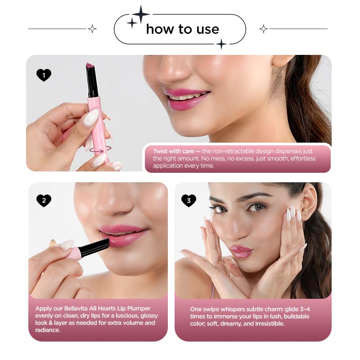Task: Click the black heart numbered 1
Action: (x=44, y=75)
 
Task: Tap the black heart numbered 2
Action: (x=44, y=200)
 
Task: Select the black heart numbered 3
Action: (x=189, y=200)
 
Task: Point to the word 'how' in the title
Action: (x=160, y=29)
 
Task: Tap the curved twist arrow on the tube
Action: (x=100, y=150)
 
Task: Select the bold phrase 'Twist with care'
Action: (x=173, y=151)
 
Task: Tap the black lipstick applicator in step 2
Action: (x=94, y=247)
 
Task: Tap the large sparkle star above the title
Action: (x=141, y=14)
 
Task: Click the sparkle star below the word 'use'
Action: (x=221, y=44)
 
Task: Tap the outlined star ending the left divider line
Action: (x=92, y=29)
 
